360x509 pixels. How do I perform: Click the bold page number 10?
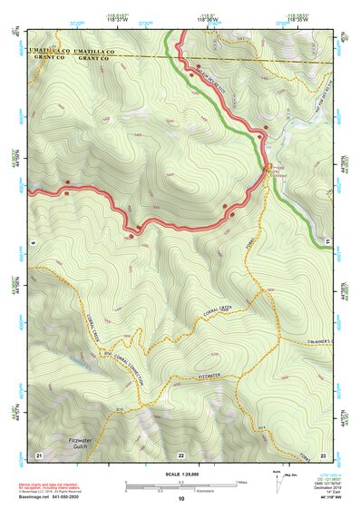(180, 499)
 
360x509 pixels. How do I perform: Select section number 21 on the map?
(38, 453)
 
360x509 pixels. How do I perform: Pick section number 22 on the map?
(180, 454)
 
